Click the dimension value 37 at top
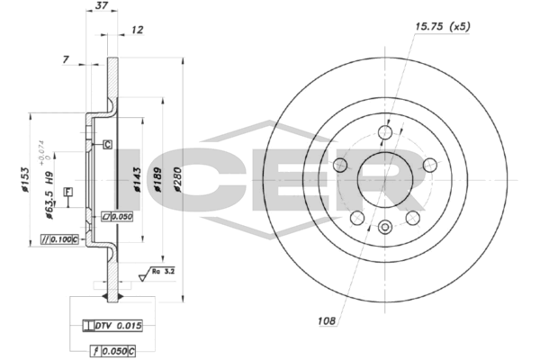point(101,6)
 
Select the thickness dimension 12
point(137,31)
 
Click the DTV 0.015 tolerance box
point(112,325)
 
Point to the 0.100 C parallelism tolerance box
point(59,239)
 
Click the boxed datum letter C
point(106,144)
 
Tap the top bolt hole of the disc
point(385,133)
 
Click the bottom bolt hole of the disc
point(385,227)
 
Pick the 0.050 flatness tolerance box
point(117,218)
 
